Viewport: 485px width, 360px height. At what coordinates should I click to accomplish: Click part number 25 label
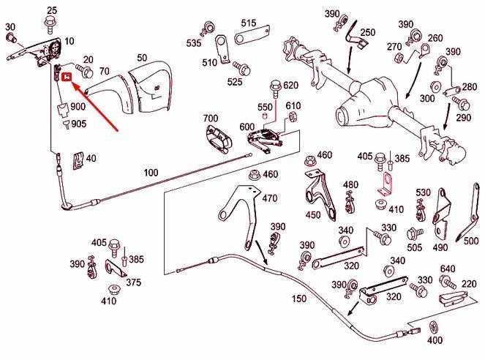tap(52, 10)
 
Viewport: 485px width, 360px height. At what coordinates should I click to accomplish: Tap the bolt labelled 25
tap(50, 24)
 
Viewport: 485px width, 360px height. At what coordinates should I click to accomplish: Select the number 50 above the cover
tap(143, 58)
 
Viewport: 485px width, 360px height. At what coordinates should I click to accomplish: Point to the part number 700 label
tap(211, 118)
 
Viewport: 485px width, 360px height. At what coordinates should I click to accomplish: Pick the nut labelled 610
tap(292, 117)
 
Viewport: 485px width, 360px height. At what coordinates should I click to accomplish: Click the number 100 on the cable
tap(151, 172)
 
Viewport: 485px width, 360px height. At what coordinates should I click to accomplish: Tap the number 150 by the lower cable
tap(299, 299)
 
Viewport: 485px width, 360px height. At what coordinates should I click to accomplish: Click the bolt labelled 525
tap(242, 69)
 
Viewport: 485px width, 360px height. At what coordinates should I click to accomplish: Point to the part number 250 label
tap(368, 32)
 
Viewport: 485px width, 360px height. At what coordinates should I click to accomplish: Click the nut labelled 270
tap(399, 58)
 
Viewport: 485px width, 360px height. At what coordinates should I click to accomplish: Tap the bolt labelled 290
tap(461, 103)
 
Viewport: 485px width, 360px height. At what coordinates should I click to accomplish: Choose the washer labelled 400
tap(433, 326)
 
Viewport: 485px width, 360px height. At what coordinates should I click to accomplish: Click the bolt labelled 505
tap(415, 233)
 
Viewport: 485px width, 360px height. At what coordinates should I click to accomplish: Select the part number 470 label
tap(270, 198)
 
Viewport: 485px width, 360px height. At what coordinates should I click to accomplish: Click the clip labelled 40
tap(78, 161)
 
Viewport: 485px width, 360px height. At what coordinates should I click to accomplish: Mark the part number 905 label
tap(79, 124)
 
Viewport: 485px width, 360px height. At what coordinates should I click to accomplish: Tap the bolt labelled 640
tap(448, 282)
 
